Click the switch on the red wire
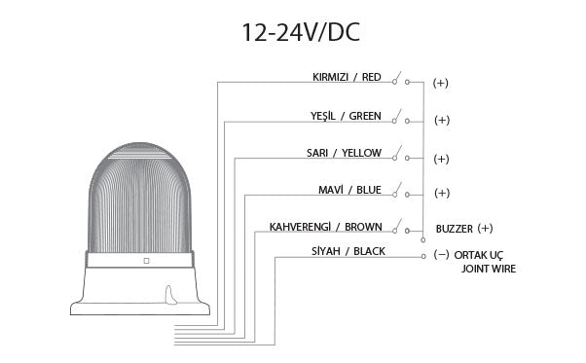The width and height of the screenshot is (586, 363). click(401, 80)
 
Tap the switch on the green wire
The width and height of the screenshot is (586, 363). click(401, 119)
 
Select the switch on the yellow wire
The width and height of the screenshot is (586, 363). click(401, 155)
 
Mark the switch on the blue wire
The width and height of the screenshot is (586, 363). click(401, 191)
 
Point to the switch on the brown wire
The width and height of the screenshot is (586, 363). click(401, 227)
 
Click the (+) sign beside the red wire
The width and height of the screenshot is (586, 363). click(440, 83)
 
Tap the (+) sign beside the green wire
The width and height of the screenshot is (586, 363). click(441, 121)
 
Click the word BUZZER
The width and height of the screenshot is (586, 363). click(455, 229)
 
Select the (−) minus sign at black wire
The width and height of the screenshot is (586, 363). click(441, 255)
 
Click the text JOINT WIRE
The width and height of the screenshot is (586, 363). click(489, 269)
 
